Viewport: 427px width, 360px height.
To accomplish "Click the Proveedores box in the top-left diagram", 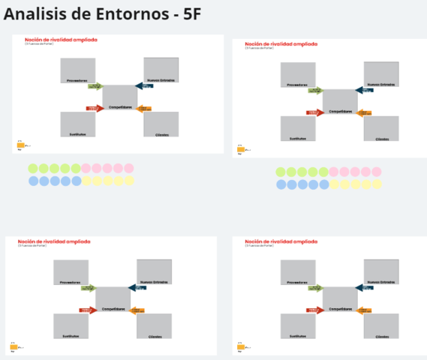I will [77, 70].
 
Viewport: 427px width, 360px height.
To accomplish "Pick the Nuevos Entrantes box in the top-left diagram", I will [161, 70].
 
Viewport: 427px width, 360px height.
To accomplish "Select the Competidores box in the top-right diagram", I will [340, 102].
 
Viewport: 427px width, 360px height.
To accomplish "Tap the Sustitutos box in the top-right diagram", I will [297, 128].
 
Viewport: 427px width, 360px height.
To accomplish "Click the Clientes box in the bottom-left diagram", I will [154, 325].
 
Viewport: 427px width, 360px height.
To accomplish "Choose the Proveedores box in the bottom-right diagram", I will [297, 272].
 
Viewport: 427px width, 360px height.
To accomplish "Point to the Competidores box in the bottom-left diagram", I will [113, 299].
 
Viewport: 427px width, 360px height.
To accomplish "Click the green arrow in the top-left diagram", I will [95, 86].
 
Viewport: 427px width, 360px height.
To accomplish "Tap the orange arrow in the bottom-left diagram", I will [137, 310].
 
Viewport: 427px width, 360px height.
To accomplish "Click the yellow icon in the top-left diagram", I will [20, 145].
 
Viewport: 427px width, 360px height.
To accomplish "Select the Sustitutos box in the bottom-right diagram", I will [297, 325].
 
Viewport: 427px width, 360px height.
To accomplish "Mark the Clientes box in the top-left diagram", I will [161, 124].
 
